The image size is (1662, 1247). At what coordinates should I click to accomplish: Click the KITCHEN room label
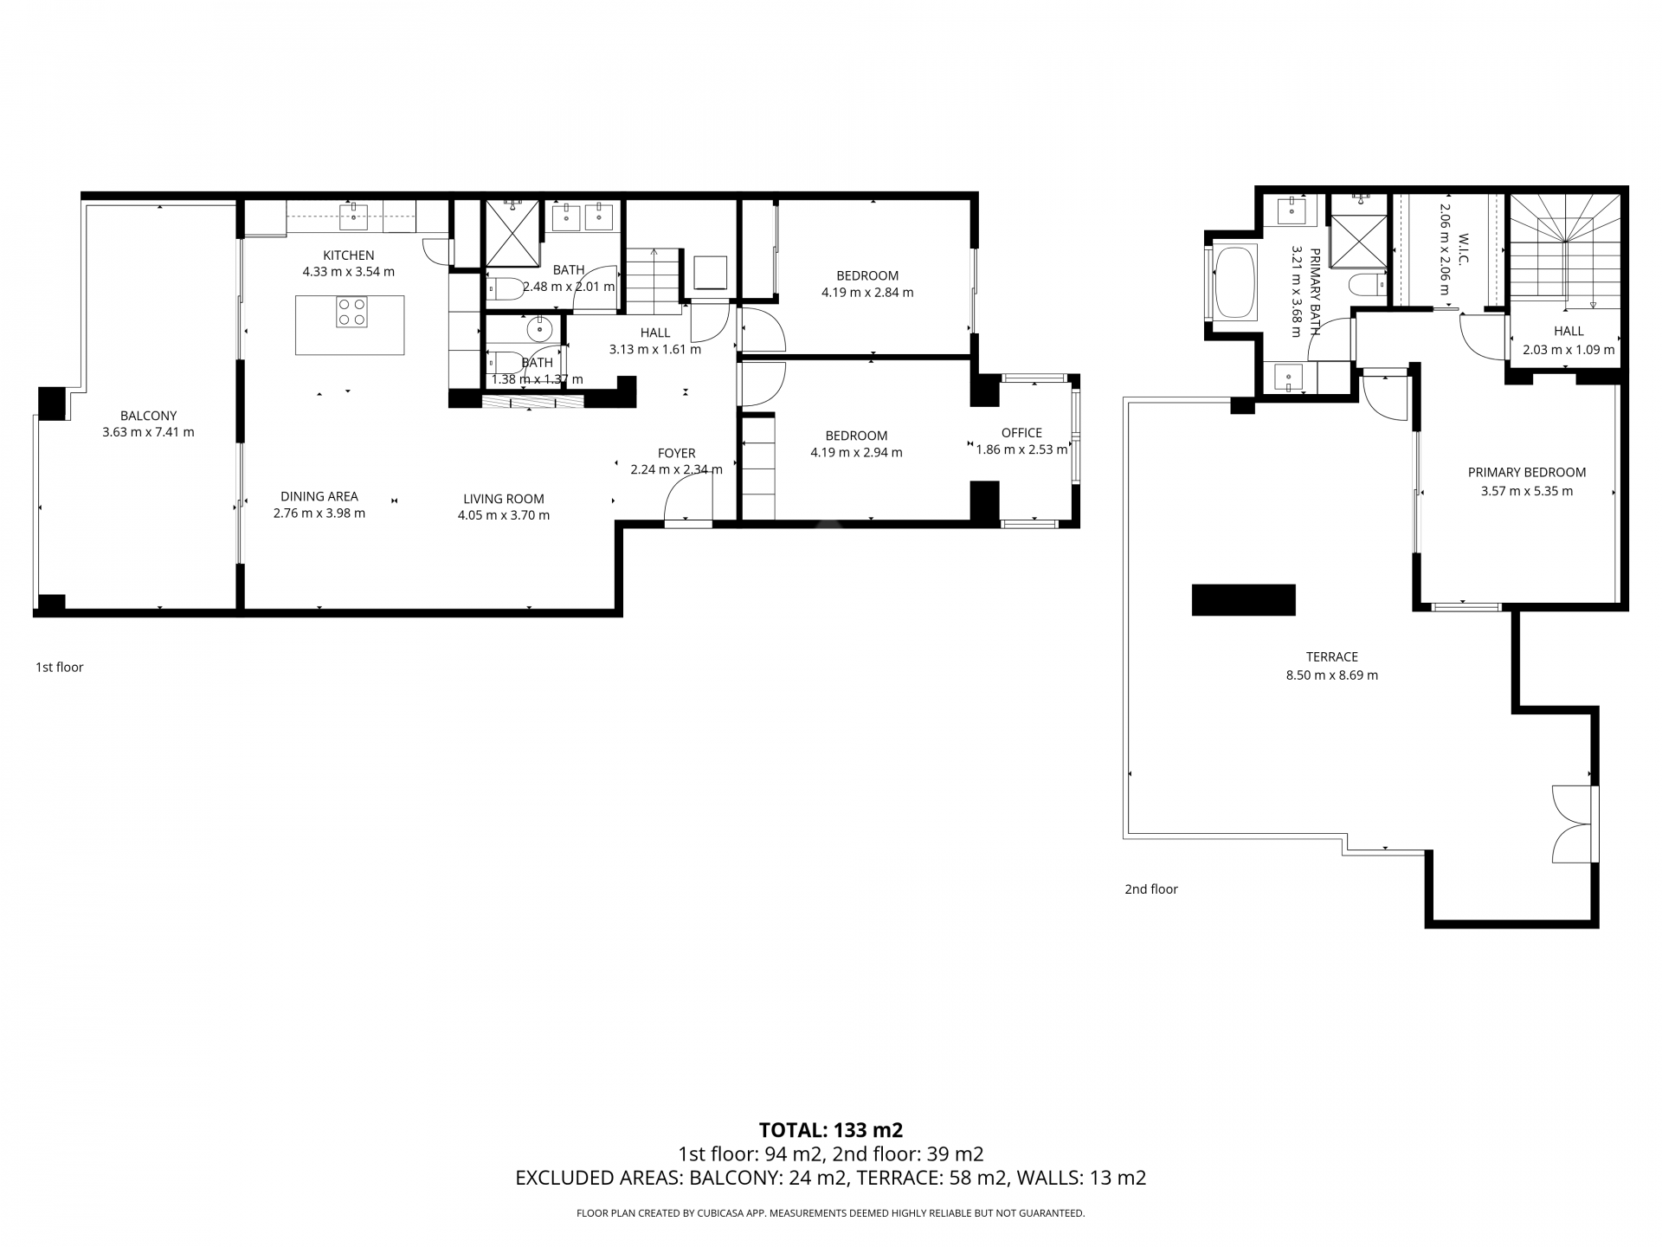coord(348,255)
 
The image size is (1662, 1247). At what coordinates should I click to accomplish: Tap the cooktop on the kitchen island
coord(351,312)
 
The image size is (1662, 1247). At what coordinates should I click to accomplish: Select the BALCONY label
coord(148,416)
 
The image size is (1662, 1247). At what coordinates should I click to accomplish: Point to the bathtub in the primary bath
coord(1235,283)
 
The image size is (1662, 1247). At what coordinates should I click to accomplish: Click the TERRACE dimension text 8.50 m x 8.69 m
coord(1331,675)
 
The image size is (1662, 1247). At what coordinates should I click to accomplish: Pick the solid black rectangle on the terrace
coord(1243,600)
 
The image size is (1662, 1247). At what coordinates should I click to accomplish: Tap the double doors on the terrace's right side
coord(1574,824)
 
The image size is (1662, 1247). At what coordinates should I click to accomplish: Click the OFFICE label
coord(1021,433)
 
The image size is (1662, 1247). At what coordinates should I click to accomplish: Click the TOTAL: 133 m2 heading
coord(830,1129)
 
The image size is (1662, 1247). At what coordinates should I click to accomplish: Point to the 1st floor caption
coord(59,667)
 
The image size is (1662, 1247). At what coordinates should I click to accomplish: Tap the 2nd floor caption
coord(1150,888)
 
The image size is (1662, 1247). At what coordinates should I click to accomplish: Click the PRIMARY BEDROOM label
coord(1526,473)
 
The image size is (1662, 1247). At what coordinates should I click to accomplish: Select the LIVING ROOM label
coord(503,499)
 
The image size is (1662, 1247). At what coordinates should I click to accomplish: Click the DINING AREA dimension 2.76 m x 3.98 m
coord(319,514)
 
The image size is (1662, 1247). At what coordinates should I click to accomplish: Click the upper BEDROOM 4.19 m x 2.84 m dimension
coord(866,293)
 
